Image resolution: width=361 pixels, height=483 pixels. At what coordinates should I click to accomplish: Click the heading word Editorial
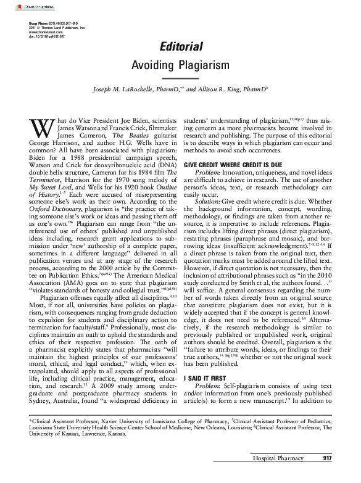coord(181,47)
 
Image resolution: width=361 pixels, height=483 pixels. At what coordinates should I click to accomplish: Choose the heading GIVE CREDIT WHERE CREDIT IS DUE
coord(232,166)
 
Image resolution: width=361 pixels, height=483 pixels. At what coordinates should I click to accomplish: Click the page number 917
coord(327,475)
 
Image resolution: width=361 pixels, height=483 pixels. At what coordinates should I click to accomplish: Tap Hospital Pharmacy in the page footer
coord(276,475)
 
